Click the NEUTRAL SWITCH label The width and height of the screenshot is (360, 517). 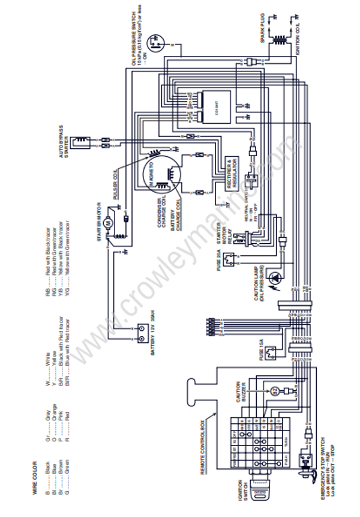[x=247, y=204]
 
